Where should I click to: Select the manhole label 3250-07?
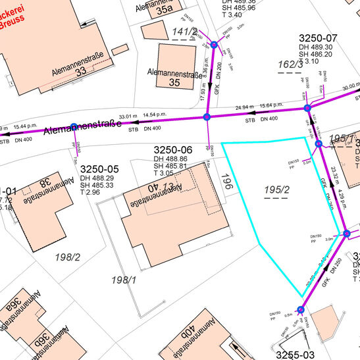(x=318, y=38)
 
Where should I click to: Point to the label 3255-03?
(x=297, y=355)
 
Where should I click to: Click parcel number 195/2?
(x=277, y=190)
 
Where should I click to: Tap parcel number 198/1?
(x=124, y=280)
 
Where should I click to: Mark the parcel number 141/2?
(x=184, y=32)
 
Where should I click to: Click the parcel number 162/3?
(x=290, y=64)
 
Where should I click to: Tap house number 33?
(x=81, y=72)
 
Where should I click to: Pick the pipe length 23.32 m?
(x=334, y=174)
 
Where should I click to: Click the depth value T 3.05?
(x=168, y=173)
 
